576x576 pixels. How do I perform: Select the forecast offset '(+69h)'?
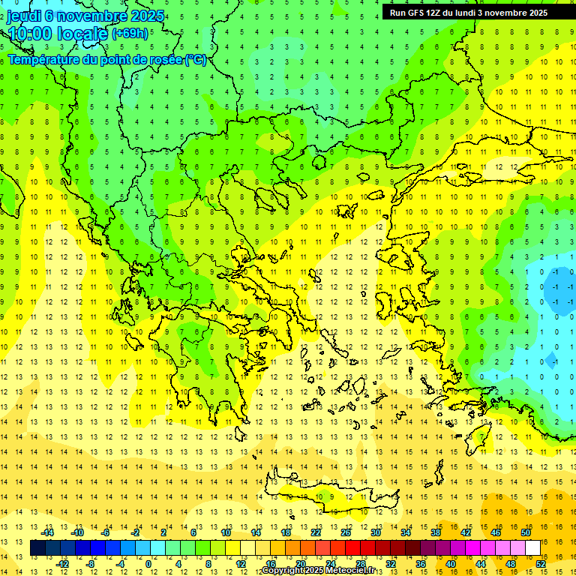(x=130, y=34)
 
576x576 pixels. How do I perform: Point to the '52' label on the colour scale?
(x=540, y=564)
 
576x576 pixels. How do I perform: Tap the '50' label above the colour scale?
(x=525, y=532)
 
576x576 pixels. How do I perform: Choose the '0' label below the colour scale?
(x=148, y=564)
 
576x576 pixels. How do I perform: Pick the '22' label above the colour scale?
(x=316, y=532)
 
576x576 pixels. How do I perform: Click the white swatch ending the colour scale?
(x=532, y=548)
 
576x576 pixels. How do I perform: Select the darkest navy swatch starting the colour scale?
(x=37, y=548)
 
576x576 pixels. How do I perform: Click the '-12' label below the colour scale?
(x=63, y=564)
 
